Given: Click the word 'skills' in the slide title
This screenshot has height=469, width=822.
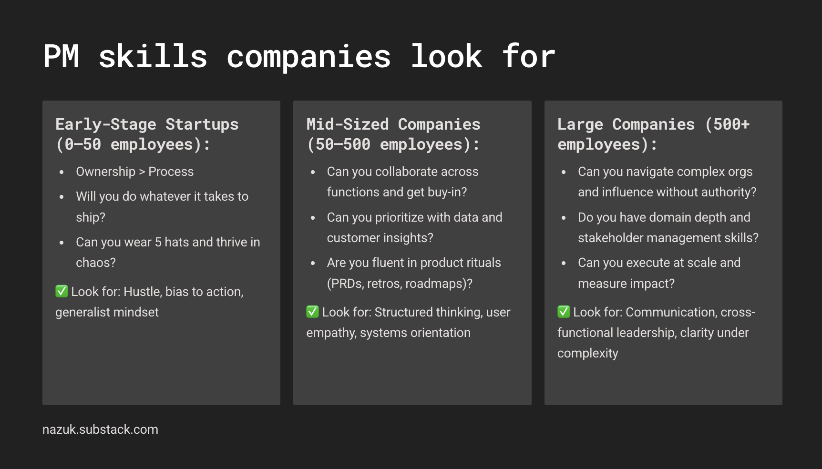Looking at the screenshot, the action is coord(153,56).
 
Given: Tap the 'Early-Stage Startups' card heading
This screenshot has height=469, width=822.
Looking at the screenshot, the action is coord(147,124).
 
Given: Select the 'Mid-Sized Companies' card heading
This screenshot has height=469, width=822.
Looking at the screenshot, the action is coord(393,124).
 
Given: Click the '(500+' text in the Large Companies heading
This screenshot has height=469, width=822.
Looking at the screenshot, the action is coord(727,124).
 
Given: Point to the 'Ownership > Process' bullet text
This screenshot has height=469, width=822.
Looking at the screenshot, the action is coord(135,172).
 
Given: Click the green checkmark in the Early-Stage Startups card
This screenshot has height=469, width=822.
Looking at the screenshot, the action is coord(62,291).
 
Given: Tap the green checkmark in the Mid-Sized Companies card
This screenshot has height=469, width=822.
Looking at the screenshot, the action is coord(312,312).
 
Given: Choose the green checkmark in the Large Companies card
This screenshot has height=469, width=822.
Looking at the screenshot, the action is coord(564,312).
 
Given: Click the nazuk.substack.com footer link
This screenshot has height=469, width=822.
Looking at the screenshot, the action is coord(100,429).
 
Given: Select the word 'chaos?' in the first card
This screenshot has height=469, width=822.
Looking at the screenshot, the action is coord(96,263).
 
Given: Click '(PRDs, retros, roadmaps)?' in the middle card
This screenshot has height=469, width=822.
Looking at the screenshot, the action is coord(400,284).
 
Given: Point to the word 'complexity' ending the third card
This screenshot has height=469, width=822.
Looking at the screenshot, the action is coord(588,354).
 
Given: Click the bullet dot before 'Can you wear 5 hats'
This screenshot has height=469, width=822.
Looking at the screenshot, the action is coord(62,243).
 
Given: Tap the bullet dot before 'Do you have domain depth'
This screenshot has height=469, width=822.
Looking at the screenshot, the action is coord(564,218).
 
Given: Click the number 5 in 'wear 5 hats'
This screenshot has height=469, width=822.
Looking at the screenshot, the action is coord(158,242).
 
